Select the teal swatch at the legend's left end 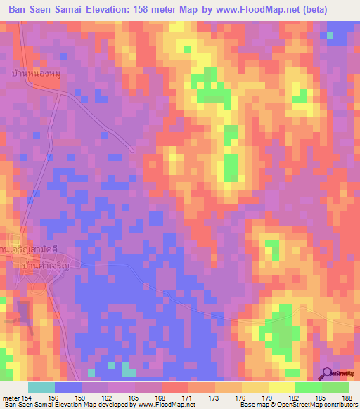click(x=41, y=387)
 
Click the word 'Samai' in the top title click(x=74, y=11)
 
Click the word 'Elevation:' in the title click(x=115, y=11)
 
